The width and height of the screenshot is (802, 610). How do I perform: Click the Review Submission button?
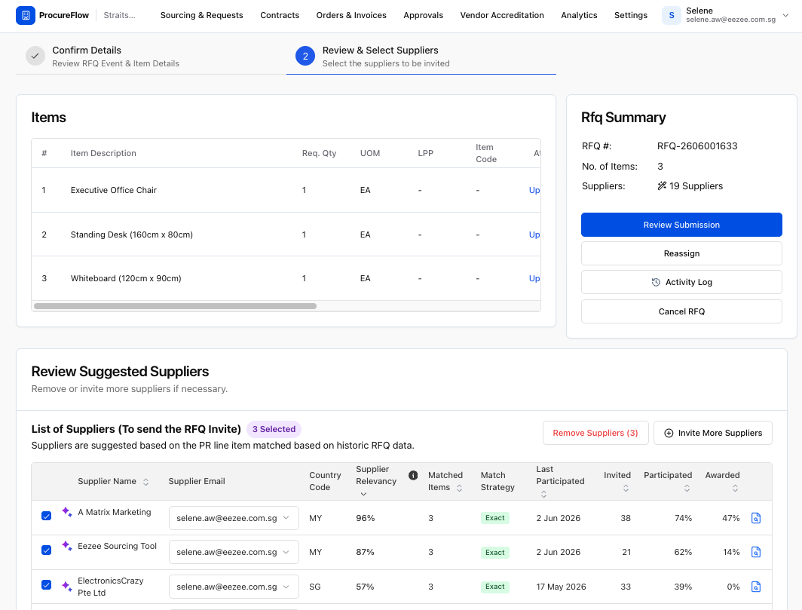681,225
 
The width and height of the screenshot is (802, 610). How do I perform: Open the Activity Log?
681,282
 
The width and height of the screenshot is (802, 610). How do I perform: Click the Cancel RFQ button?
681,311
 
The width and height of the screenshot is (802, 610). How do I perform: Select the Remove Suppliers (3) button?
595,433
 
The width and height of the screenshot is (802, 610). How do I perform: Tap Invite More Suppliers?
712,433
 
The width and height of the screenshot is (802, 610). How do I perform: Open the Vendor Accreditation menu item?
502,15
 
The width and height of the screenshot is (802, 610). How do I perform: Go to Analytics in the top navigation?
579,15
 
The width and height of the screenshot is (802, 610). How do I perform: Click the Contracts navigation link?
279,15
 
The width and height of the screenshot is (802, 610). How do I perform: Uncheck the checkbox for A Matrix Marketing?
46,516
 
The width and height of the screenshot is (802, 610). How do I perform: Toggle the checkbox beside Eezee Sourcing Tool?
46,550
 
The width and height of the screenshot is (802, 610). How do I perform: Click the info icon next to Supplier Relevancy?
413,476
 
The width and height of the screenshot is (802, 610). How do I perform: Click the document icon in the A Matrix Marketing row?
756,518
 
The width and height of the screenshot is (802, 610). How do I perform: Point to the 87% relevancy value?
365,552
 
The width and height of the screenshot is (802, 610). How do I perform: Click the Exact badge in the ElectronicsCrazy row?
494,587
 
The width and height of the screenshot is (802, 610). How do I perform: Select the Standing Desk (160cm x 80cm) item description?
131,234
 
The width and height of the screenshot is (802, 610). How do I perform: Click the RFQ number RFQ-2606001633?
697,146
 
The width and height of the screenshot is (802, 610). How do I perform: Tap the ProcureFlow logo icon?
26,15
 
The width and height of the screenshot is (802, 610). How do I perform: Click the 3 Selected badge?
274,429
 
